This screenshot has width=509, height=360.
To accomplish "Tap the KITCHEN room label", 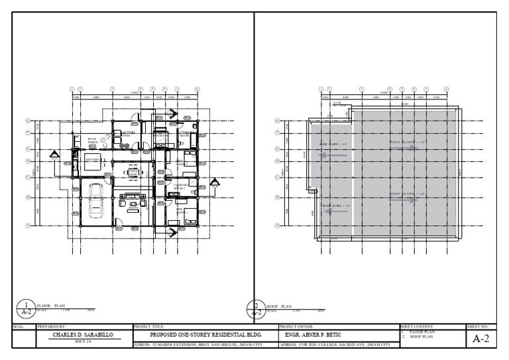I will [92, 160].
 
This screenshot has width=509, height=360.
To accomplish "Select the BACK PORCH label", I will [93, 141].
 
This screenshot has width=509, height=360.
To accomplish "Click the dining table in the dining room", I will [133, 174].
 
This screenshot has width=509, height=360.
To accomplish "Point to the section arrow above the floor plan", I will [171, 114].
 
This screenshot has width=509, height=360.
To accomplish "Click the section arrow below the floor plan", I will [171, 231].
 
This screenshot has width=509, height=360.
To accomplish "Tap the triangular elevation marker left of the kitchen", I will [55, 156].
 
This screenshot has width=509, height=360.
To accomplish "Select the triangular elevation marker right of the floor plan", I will [215, 182].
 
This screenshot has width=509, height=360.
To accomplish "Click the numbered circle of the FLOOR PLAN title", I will [25, 308].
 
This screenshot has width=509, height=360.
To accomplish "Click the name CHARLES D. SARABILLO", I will [83, 335].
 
